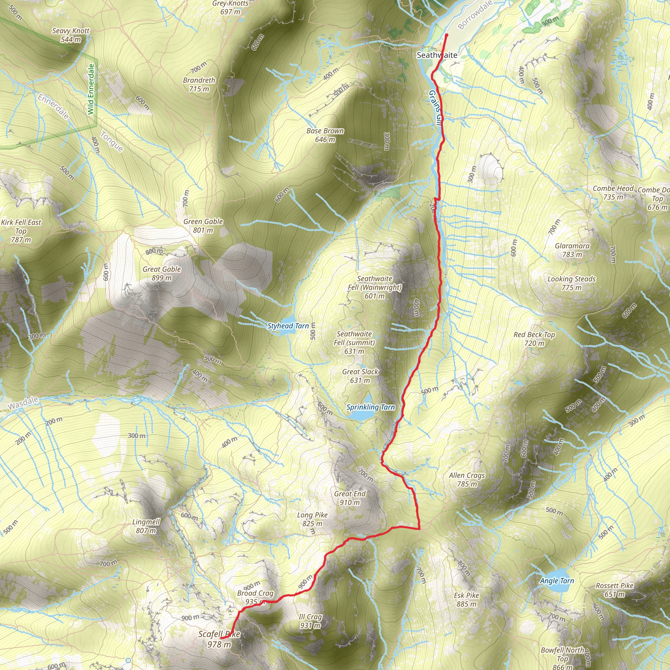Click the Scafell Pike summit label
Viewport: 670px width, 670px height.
tap(219, 639)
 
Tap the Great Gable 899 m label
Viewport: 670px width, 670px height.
tap(162, 273)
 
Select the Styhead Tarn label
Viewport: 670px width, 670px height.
tap(288, 326)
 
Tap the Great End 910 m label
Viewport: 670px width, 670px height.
tap(350, 498)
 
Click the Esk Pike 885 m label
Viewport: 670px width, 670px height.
tap(466, 600)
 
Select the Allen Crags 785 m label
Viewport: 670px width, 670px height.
tap(467, 480)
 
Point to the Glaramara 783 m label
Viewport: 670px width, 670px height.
tap(572, 250)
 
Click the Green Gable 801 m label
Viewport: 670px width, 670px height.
tap(203, 226)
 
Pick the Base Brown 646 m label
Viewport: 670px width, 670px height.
tap(325, 135)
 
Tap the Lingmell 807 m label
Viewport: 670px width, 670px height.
tap(146, 526)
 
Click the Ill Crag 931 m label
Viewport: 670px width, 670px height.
tap(310, 621)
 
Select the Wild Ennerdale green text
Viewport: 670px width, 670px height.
tap(91, 89)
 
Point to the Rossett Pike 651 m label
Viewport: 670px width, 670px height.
tap(614, 590)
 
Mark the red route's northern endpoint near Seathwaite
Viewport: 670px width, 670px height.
tap(446, 35)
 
